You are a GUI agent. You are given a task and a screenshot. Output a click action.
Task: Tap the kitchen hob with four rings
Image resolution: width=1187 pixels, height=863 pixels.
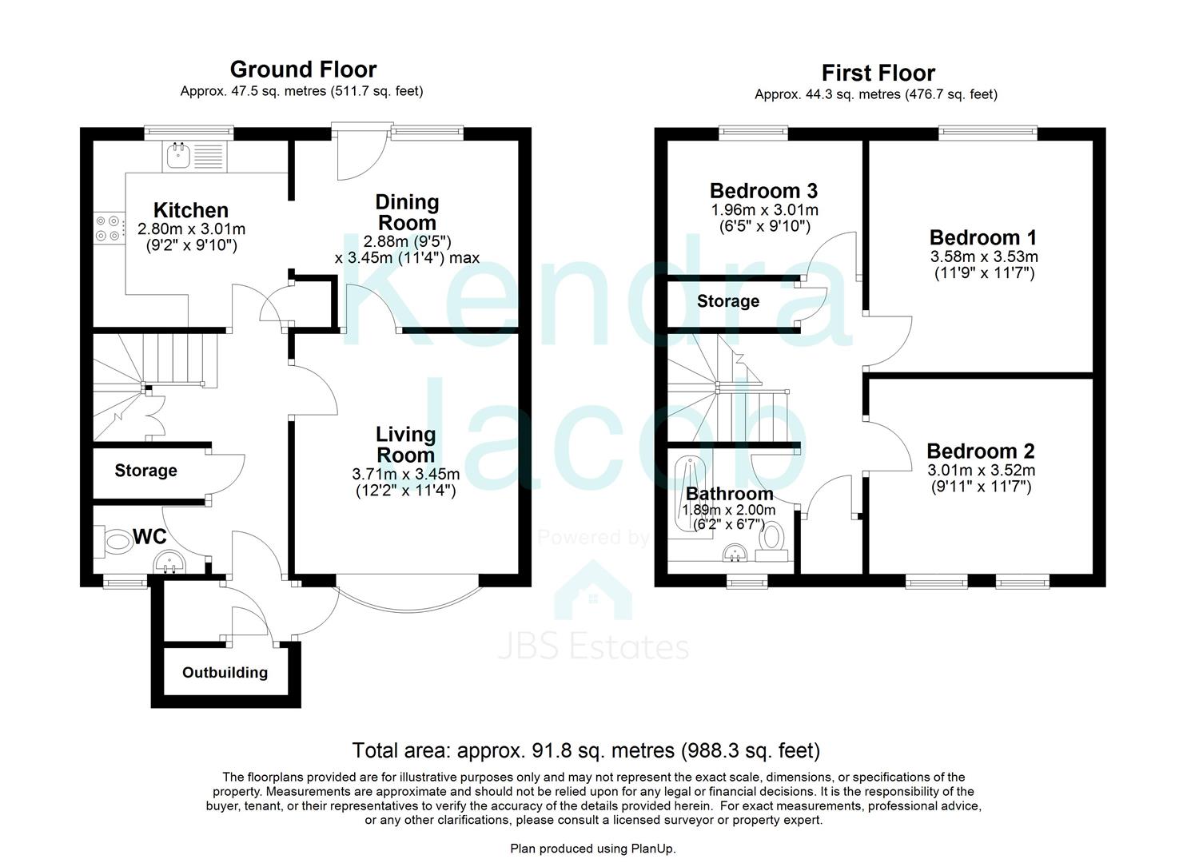pos(109,229)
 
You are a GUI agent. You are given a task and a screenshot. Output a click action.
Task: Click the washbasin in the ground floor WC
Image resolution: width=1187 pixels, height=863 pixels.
pos(169,563)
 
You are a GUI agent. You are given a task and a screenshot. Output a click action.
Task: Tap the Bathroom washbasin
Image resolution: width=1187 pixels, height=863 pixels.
pos(735,553)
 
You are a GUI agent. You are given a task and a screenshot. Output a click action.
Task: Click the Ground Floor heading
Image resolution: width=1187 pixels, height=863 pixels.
pos(303,70)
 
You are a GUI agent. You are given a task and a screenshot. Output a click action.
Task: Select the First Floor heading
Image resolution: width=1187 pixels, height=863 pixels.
pos(878,74)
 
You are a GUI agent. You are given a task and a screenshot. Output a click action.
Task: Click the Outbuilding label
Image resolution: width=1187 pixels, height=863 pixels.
pos(225,673)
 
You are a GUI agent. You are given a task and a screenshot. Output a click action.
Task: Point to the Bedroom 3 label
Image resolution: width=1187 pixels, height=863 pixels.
pos(763,191)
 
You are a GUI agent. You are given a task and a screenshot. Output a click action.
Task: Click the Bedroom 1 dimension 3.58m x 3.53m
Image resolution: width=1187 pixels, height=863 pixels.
pos(983,257)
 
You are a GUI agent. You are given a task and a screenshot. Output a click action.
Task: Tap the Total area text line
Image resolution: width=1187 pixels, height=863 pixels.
pos(586,751)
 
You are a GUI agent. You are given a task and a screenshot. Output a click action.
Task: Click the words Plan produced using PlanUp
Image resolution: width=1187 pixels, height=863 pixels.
pos(593,848)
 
